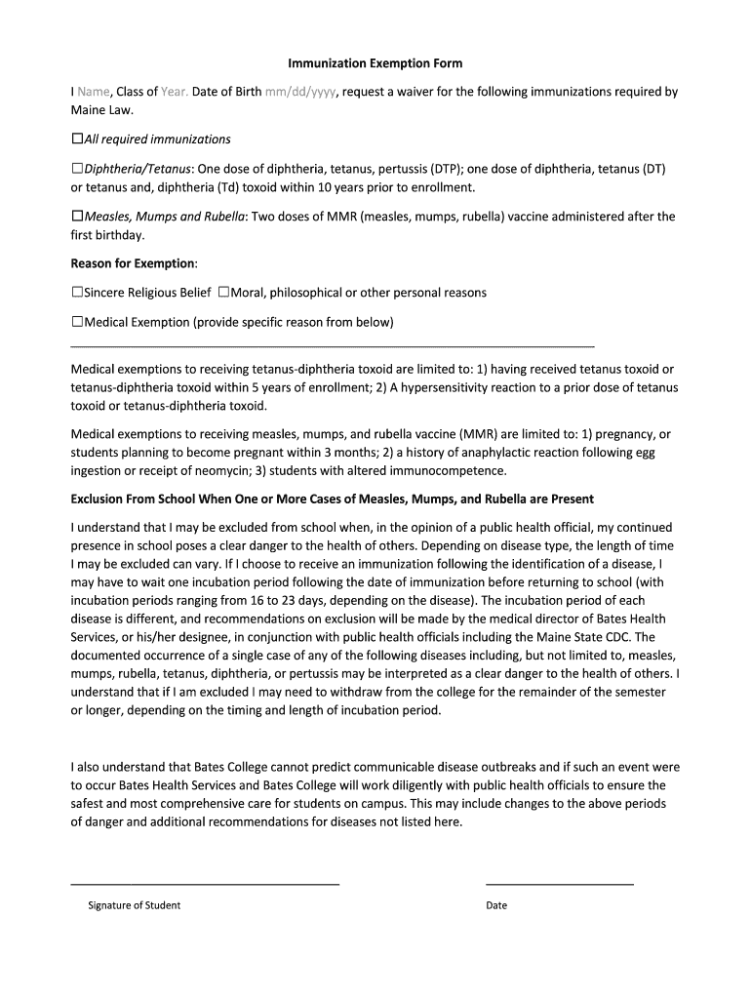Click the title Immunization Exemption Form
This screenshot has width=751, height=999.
(375, 63)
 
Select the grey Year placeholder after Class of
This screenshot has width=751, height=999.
(175, 92)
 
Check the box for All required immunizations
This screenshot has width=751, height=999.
(77, 140)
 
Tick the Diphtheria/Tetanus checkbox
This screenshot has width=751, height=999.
(77, 169)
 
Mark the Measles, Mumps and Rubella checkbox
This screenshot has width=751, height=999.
(77, 217)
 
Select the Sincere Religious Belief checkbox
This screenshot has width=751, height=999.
(77, 293)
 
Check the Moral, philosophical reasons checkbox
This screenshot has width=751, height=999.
(223, 293)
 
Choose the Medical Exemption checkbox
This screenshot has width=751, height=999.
(77, 322)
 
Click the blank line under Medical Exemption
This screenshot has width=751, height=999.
(332, 346)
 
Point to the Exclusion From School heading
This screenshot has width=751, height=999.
(332, 499)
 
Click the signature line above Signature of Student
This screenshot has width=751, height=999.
(205, 884)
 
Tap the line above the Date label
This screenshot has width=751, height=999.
(559, 884)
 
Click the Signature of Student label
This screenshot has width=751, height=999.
(134, 905)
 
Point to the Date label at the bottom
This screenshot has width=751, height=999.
(496, 905)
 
